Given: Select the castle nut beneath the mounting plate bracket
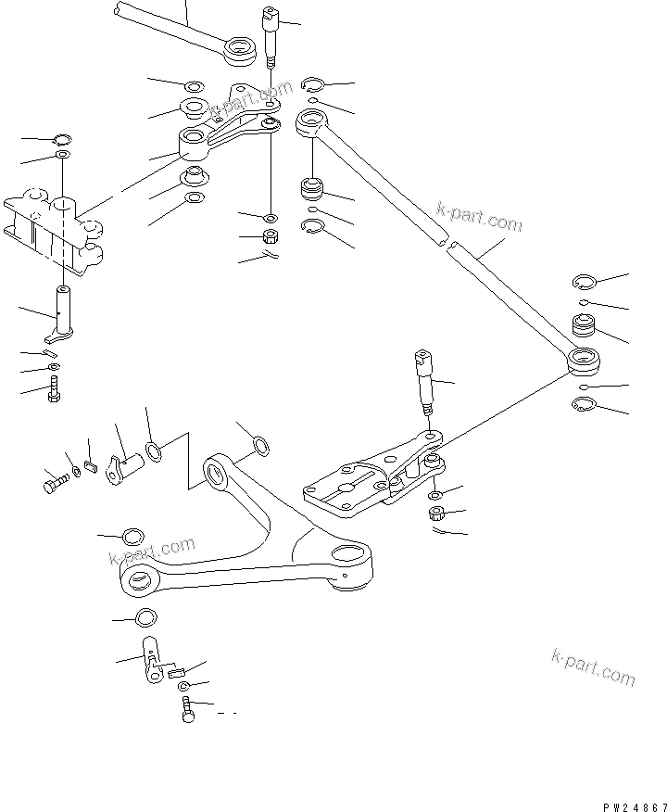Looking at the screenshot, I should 434,514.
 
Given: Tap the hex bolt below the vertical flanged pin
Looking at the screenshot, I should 55,387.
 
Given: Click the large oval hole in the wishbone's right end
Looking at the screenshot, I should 354,556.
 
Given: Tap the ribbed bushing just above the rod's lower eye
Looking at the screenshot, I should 584,326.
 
